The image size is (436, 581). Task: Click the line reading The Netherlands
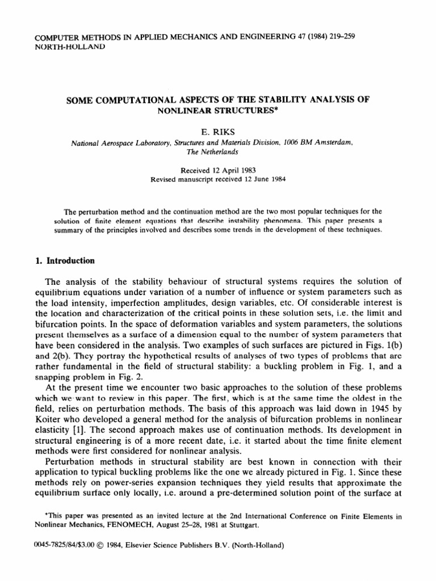pyautogui.click(x=217, y=151)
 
